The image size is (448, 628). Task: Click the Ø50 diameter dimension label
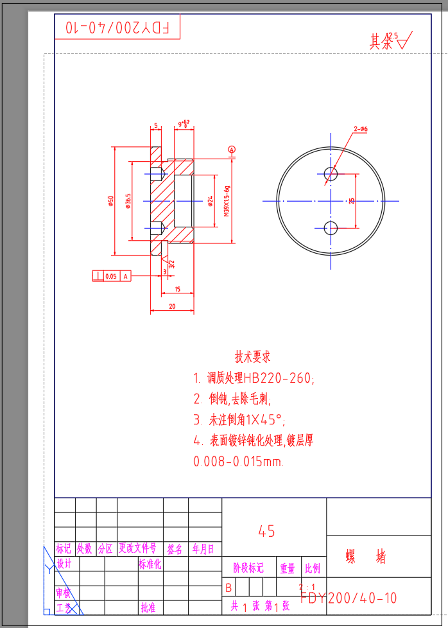[x=111, y=201]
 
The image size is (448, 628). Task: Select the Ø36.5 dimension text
[x=129, y=201]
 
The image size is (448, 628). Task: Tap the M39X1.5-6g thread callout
[x=227, y=201]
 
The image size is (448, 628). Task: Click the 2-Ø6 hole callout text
[x=360, y=130]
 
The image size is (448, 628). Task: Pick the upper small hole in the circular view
[x=331, y=173]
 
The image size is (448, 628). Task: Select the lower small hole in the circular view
[x=331, y=228]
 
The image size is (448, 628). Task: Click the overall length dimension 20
[x=172, y=307]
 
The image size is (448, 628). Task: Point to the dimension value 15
[x=177, y=290]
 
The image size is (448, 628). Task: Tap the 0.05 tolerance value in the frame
[x=111, y=276]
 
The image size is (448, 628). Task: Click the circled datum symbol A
[x=232, y=149]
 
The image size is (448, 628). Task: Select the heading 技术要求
[x=252, y=356]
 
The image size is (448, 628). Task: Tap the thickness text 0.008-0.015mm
[x=238, y=462]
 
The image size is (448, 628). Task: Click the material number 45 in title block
[x=266, y=532]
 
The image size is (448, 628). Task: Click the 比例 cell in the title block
[x=313, y=569]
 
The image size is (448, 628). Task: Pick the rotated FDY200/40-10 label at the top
[x=118, y=28]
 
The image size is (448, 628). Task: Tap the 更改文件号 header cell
[x=137, y=549]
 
